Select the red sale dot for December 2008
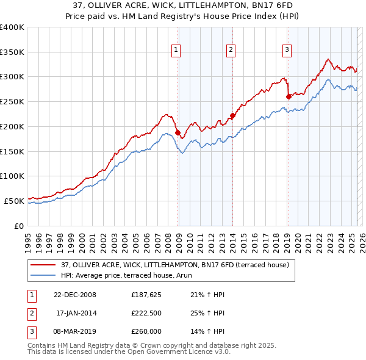[x=178, y=132]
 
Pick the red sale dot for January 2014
[x=232, y=115]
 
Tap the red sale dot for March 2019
[x=288, y=96]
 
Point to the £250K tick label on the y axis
[x=12, y=101]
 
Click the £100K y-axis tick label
[x=12, y=176]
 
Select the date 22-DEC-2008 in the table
[x=75, y=295]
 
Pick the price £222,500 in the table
[x=146, y=313]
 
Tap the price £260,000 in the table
[x=146, y=331]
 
